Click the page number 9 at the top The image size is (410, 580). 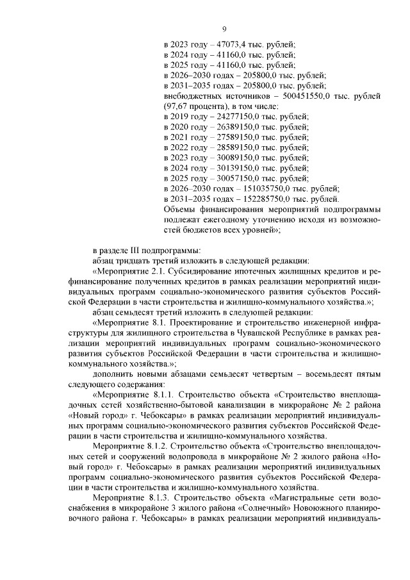coord(224,29)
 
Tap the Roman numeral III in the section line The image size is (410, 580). coord(135,250)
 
